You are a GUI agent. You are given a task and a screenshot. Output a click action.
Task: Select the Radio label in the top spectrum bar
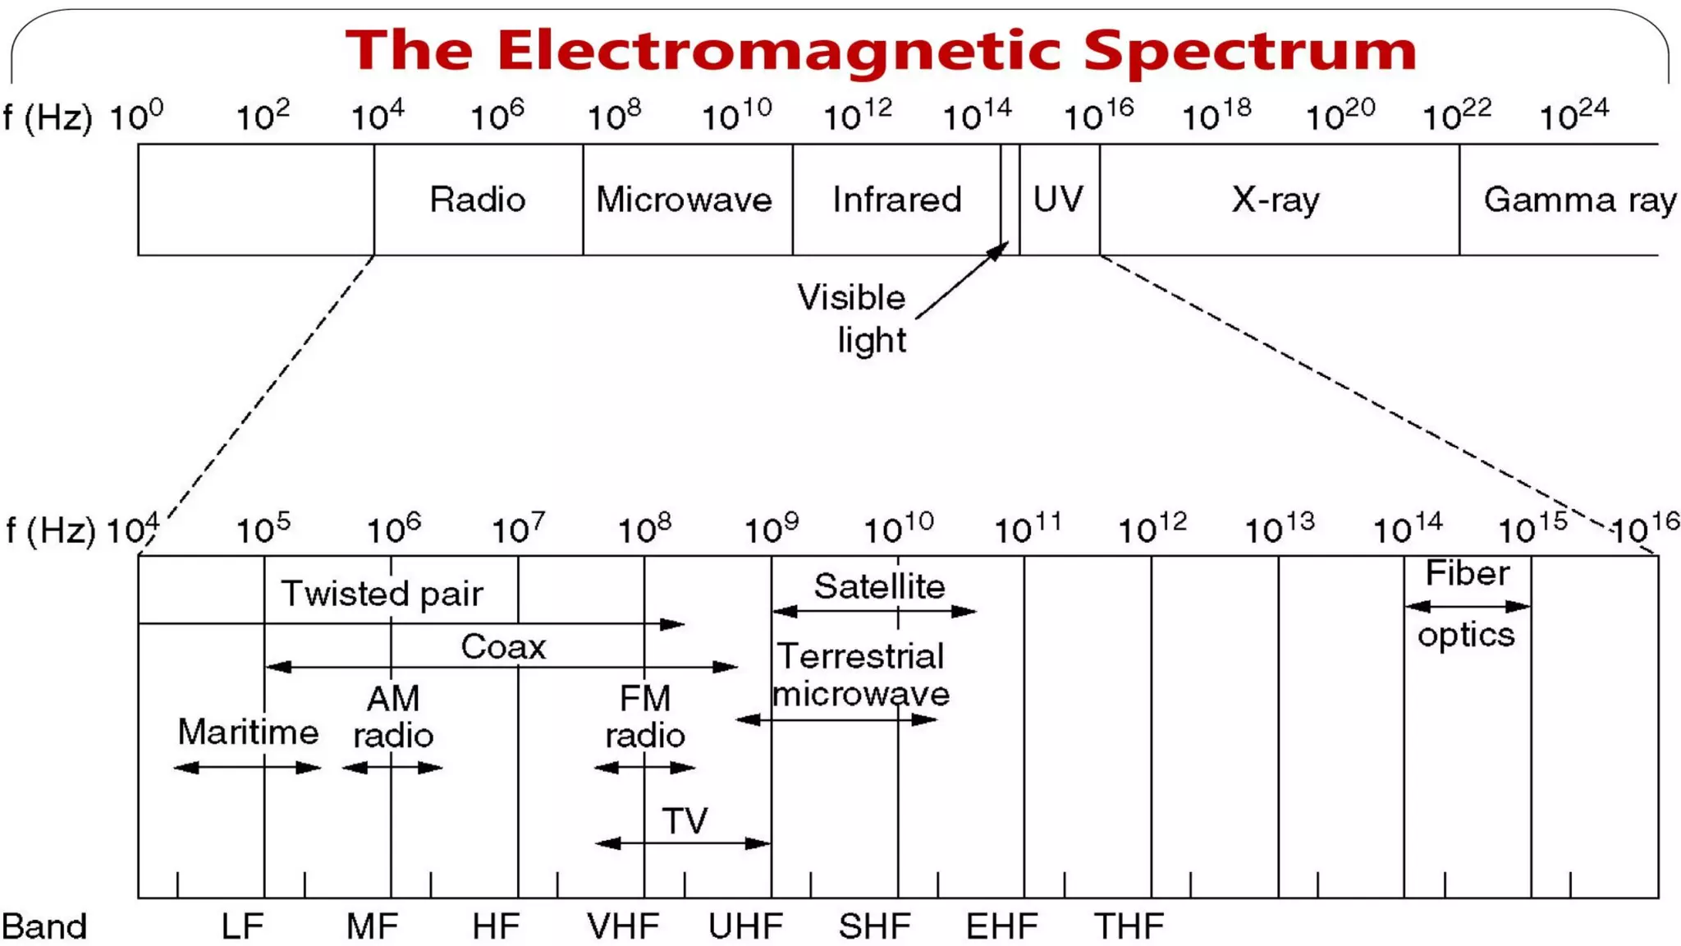coord(477,200)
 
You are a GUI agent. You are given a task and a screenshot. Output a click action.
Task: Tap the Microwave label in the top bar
coord(684,200)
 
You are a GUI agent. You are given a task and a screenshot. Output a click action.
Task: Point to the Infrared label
coord(896,200)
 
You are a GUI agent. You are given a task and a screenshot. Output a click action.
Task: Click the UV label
coord(1058,200)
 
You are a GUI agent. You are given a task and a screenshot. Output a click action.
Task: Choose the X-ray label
coord(1276,200)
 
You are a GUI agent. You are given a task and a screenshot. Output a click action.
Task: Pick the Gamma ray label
coord(1579,200)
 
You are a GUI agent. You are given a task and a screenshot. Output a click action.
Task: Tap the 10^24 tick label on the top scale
coord(1573,116)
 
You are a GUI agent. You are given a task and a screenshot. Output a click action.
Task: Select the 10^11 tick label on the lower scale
coord(1027,529)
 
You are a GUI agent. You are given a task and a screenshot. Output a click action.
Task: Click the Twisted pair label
coord(382,594)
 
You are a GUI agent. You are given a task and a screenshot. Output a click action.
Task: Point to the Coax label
coord(503,647)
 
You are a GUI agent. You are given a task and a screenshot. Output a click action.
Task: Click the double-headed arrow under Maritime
coord(247,768)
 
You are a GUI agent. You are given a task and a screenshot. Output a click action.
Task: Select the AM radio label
coord(393,717)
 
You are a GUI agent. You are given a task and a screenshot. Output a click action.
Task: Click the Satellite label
coord(879,587)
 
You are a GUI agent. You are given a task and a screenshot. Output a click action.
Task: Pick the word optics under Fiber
coord(1466,635)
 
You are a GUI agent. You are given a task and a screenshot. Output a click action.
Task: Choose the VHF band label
coord(623,927)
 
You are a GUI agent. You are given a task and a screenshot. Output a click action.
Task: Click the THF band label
coord(1129,927)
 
